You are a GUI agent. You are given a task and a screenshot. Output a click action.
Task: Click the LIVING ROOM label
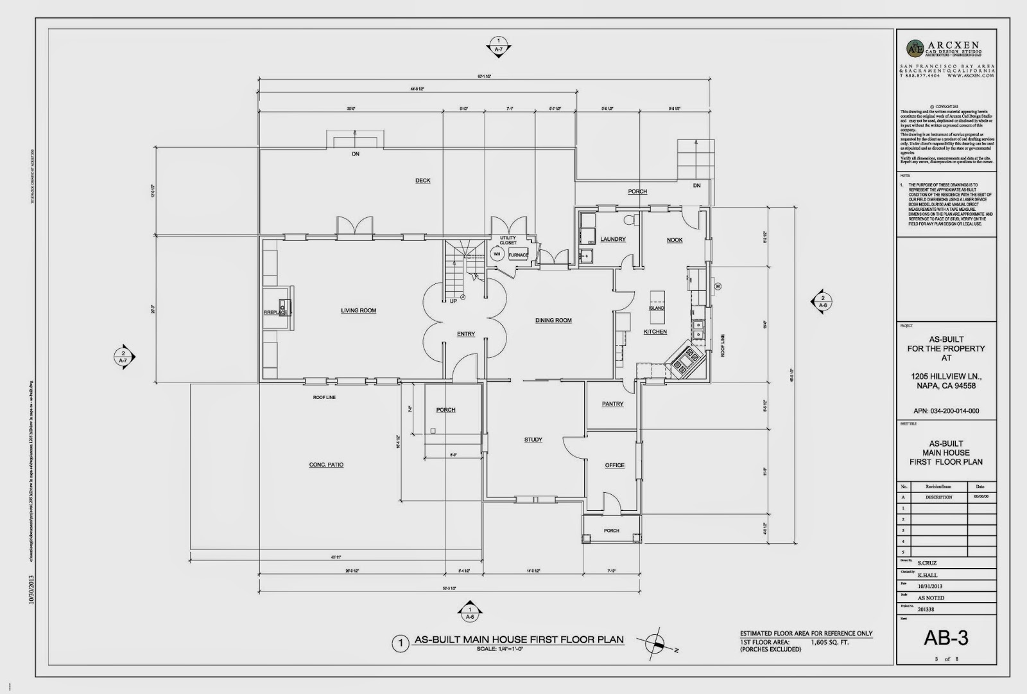click(x=358, y=311)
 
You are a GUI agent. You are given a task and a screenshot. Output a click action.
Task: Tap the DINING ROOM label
click(x=553, y=320)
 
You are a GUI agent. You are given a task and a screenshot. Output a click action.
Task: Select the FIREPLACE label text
click(x=274, y=312)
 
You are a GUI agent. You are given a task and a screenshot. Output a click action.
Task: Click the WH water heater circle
click(x=496, y=254)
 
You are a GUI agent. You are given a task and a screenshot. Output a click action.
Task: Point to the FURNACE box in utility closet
click(x=518, y=255)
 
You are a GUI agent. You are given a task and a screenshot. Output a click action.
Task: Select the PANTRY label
click(x=612, y=404)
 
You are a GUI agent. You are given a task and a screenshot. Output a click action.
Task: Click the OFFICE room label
click(x=614, y=465)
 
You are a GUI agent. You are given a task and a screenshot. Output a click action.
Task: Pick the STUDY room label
click(x=533, y=440)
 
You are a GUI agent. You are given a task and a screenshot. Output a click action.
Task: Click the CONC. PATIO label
click(x=326, y=465)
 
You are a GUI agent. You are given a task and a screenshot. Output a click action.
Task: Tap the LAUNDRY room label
click(x=612, y=240)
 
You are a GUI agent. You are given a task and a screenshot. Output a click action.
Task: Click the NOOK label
click(x=675, y=240)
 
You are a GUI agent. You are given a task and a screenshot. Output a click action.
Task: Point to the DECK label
click(x=422, y=181)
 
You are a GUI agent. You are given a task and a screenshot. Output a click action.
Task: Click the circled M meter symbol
click(x=718, y=286)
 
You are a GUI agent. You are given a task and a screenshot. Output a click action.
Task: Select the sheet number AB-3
click(x=945, y=637)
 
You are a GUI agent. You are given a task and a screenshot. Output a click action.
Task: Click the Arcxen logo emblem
click(x=915, y=48)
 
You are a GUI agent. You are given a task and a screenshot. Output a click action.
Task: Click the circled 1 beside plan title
click(x=400, y=643)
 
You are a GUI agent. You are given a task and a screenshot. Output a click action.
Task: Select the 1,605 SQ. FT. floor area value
click(x=829, y=642)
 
